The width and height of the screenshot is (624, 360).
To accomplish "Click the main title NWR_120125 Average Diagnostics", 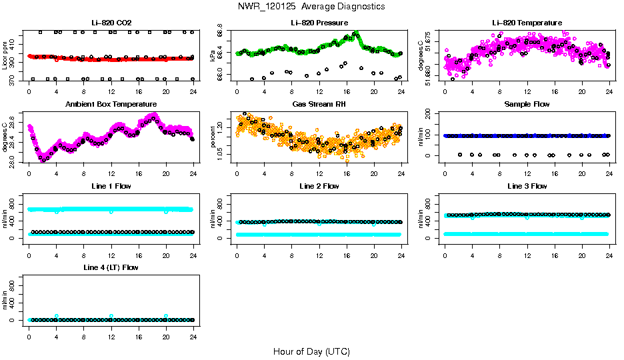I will pos(311,7).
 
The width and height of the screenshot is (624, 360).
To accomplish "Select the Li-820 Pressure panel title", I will pos(319,23).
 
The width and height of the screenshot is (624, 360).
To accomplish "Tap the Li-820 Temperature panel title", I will pos(527,23).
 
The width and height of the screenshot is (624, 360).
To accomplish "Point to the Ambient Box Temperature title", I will pos(111,104).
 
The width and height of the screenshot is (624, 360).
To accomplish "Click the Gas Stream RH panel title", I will pos(319,104).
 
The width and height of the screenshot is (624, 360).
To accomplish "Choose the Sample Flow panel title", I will pos(527,104).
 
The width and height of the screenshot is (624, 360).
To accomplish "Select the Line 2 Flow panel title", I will pos(319,186).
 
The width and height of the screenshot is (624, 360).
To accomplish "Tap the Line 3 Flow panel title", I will pos(527,186).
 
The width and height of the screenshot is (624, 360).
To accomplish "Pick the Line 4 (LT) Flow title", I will pos(111,267).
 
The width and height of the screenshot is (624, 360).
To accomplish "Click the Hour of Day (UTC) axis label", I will pos(311,351).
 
